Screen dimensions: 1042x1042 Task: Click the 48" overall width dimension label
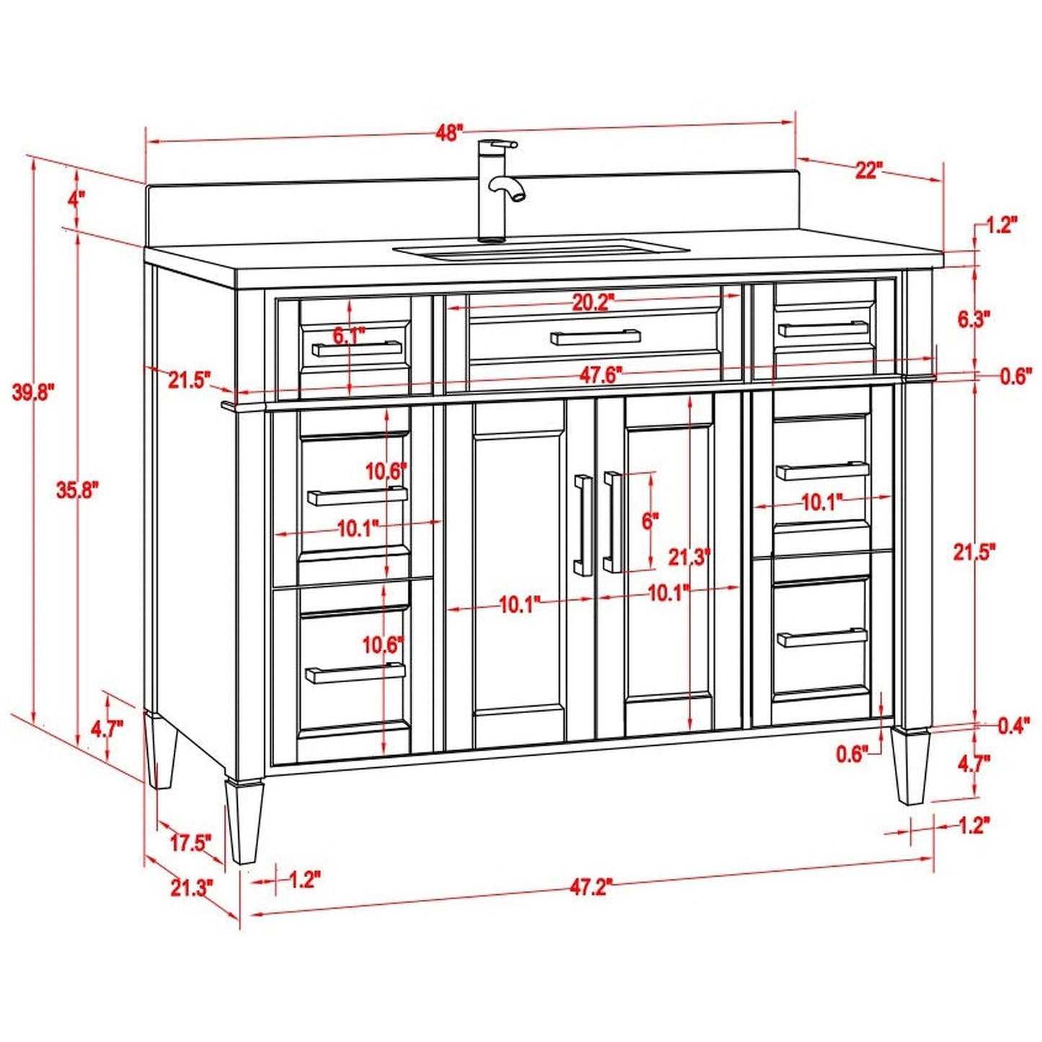point(449,133)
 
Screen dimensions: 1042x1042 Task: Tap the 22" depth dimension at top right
point(868,171)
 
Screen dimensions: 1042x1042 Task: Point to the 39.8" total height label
point(33,392)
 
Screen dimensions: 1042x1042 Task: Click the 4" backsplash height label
point(76,199)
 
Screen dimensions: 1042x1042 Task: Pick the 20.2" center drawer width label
point(592,303)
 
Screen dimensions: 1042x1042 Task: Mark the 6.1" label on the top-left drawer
point(349,335)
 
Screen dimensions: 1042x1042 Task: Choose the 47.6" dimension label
point(601,375)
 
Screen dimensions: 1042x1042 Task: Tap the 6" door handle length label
point(650,521)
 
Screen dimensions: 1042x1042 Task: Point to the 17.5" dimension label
point(190,842)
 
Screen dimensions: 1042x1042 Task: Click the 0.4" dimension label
point(1012,727)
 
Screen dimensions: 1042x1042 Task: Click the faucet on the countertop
point(497,191)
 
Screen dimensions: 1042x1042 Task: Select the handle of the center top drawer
point(595,337)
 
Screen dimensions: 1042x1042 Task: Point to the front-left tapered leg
point(244,821)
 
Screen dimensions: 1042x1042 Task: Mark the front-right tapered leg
point(910,766)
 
